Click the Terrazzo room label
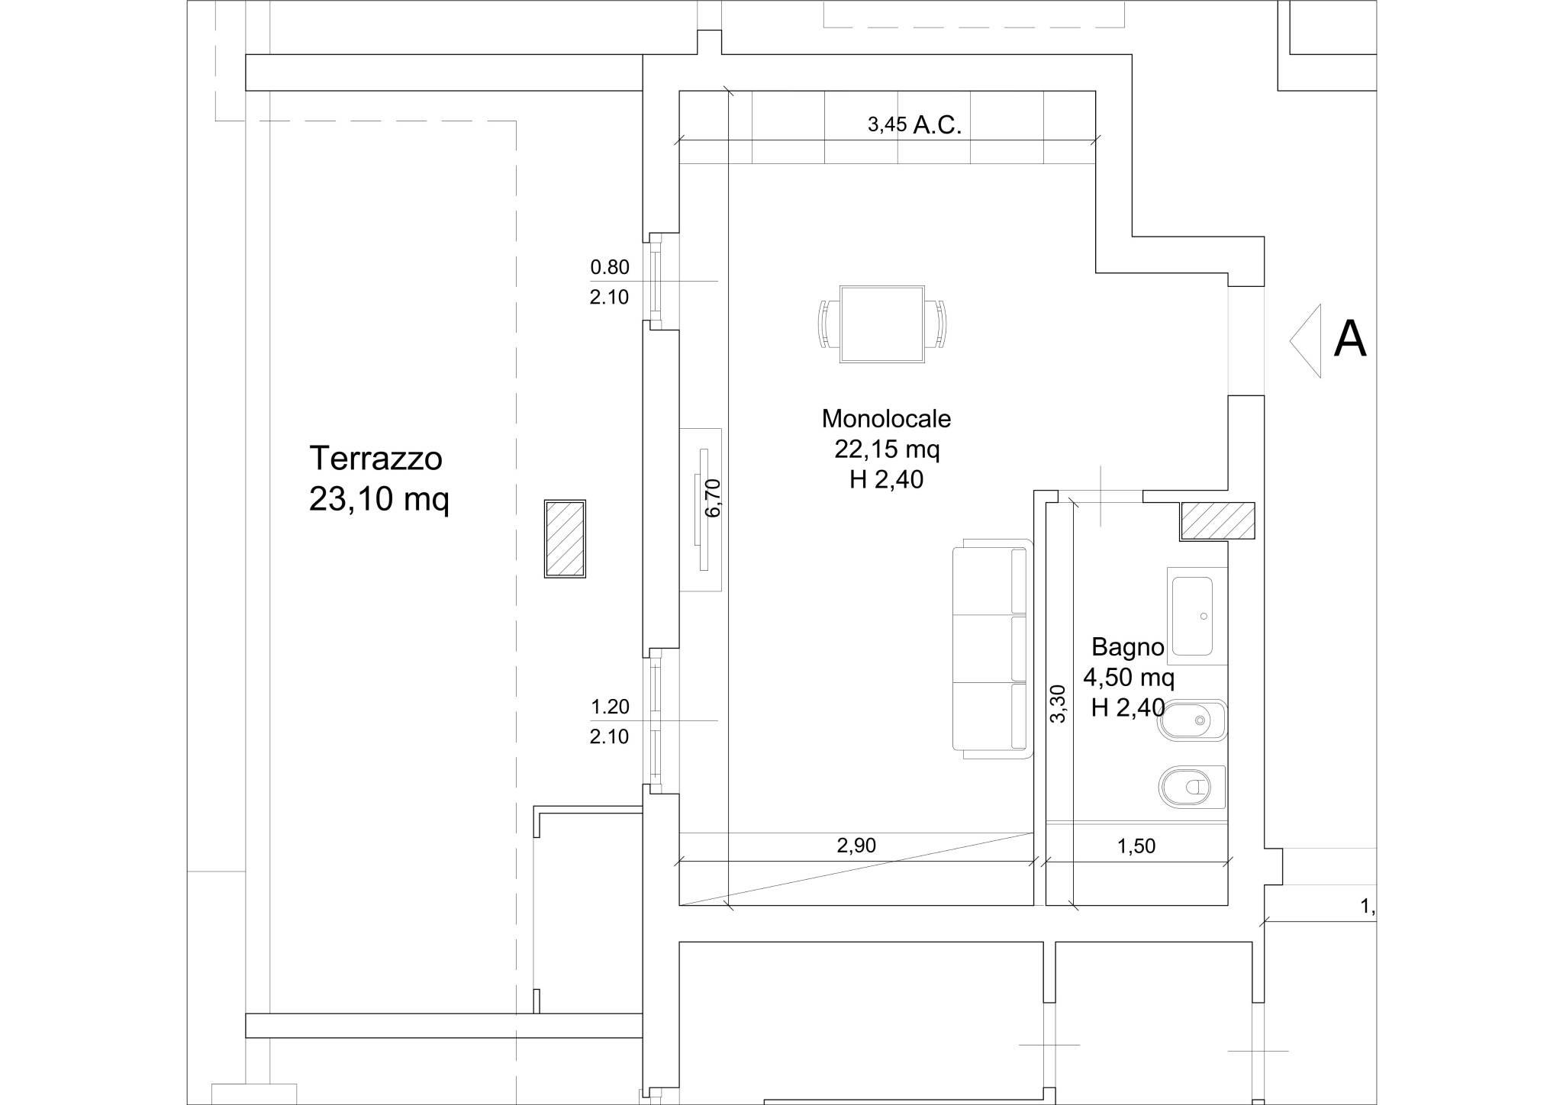pos(375,459)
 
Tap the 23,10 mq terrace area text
pos(379,500)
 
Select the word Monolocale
pos(886,418)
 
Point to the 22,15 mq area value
pos(887,449)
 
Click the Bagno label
pos(1127,647)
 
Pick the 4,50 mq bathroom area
pos(1129,677)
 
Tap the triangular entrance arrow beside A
pos(1305,340)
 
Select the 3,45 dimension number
pos(887,125)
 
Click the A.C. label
pos(936,125)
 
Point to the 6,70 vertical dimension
pos(714,498)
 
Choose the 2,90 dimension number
pos(856,846)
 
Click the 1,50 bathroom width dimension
pos(1136,846)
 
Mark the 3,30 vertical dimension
pos(1058,704)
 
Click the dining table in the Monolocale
pos(882,324)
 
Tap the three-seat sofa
pos(992,649)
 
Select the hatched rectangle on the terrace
pos(565,539)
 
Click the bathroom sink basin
pos(1192,616)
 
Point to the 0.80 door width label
pos(610,267)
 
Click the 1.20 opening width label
pos(610,707)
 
